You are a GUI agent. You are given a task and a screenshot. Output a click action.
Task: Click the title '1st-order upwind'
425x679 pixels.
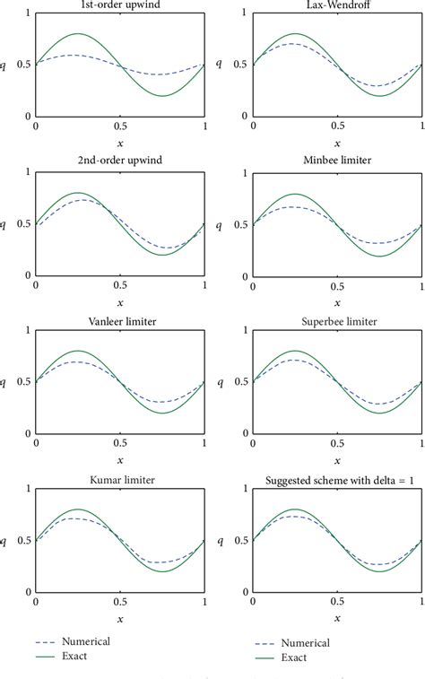[x=119, y=6]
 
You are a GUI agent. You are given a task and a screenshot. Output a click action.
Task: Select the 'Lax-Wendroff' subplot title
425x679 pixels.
[x=337, y=6]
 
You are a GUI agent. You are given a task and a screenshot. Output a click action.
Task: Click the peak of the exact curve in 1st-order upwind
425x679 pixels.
[x=77, y=34]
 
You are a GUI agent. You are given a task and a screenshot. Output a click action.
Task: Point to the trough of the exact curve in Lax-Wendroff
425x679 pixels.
[x=379, y=96]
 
